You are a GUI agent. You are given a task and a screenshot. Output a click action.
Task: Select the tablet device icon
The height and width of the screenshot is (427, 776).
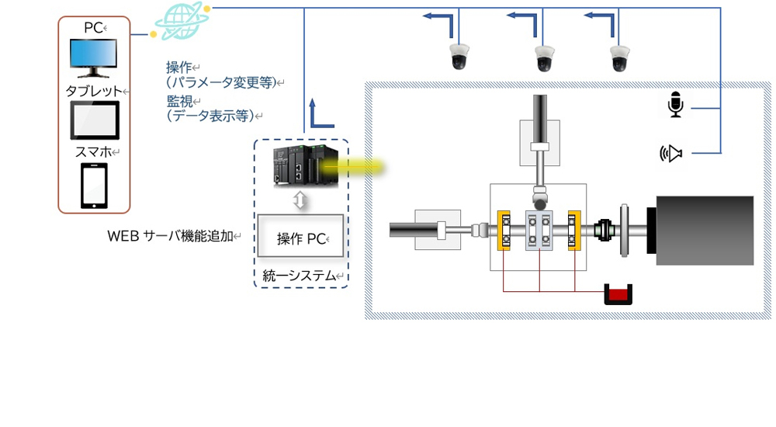[94, 119]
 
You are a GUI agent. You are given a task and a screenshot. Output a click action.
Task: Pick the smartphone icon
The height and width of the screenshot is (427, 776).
[94, 184]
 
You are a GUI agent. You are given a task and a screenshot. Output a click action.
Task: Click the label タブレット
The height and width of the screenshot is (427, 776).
[93, 91]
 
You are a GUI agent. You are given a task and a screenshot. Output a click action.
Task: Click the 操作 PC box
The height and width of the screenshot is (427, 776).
[300, 238]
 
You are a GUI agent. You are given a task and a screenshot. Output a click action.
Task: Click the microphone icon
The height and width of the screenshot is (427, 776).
[676, 105]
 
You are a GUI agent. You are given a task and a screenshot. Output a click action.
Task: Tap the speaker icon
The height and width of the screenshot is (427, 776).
[671, 154]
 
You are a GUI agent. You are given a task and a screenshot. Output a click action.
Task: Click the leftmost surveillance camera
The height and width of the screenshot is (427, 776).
[459, 57]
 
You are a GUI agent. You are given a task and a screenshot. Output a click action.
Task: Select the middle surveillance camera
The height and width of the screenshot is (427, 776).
[544, 57]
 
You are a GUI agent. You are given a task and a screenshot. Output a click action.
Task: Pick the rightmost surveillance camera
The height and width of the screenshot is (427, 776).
[619, 57]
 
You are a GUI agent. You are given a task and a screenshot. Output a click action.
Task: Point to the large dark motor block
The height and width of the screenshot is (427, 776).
[705, 231]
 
